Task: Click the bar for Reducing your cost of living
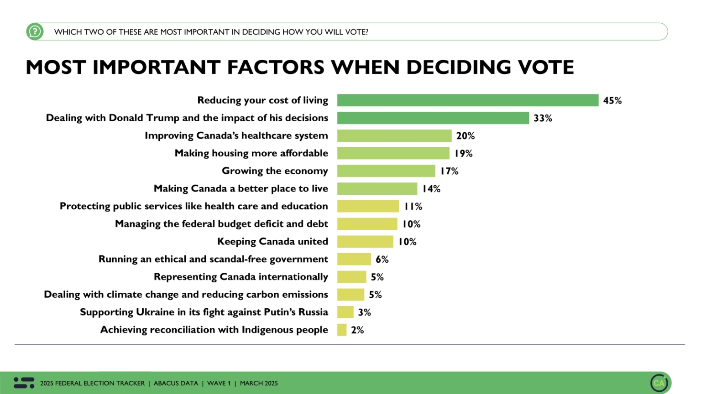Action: [x=468, y=100]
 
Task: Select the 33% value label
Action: [x=543, y=118]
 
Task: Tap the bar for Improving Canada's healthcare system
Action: [x=394, y=136]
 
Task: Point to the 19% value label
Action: [x=463, y=154]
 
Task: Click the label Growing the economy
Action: [x=275, y=171]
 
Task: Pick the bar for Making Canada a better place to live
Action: [x=377, y=189]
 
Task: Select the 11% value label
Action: [x=413, y=207]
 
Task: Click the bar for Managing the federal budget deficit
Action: [x=367, y=224]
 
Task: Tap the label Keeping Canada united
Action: [x=272, y=242]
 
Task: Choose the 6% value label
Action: [x=382, y=259]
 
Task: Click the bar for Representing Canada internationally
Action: [x=351, y=277]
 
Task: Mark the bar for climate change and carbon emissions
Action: [x=350, y=295]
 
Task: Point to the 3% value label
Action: [x=364, y=312]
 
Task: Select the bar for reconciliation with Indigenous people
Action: [x=342, y=330]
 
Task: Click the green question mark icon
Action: [x=35, y=31]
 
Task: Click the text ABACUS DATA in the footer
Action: [x=176, y=384]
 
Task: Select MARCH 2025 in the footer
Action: [x=259, y=384]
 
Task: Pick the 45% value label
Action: [x=612, y=101]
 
